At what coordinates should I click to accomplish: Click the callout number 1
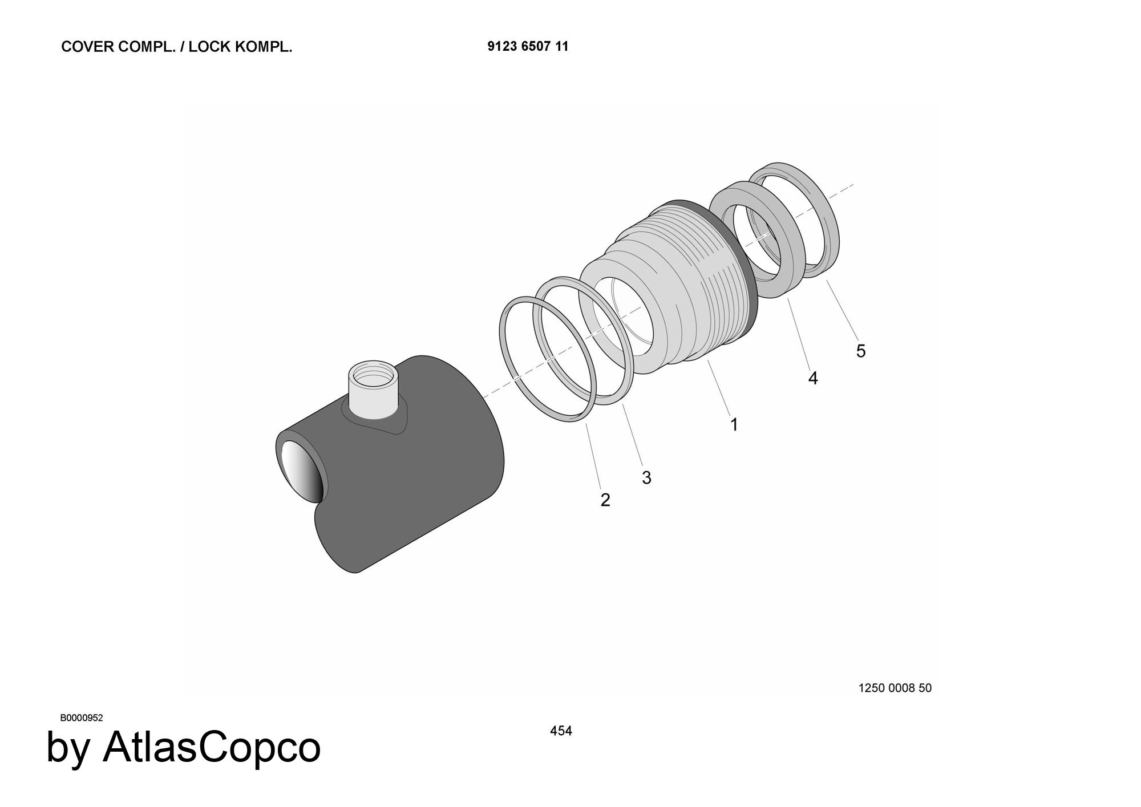(x=734, y=424)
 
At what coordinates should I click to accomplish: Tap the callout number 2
(x=605, y=500)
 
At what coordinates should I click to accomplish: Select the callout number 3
(x=646, y=478)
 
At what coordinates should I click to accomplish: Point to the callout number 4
(x=813, y=378)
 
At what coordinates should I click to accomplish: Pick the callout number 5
(x=861, y=351)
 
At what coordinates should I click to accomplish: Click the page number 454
(x=561, y=731)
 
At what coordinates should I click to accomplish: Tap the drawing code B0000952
(x=82, y=718)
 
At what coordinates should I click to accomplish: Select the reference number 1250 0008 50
(x=895, y=688)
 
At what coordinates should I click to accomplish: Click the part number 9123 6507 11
(x=528, y=46)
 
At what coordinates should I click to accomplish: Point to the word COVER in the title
(x=88, y=47)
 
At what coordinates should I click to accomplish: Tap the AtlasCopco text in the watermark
(x=212, y=747)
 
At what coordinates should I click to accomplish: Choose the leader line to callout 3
(x=632, y=435)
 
